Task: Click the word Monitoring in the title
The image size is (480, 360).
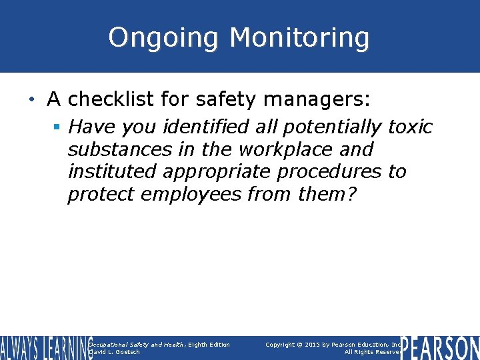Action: (299, 38)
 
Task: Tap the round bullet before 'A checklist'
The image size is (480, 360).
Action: (33, 100)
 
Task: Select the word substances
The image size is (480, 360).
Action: (117, 149)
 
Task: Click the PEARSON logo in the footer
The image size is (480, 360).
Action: (440, 347)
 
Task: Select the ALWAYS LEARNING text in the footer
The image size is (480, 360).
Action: (45, 347)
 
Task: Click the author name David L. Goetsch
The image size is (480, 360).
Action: (115, 352)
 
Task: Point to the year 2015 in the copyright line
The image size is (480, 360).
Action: (316, 345)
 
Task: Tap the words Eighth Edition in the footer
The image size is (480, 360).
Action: (209, 345)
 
